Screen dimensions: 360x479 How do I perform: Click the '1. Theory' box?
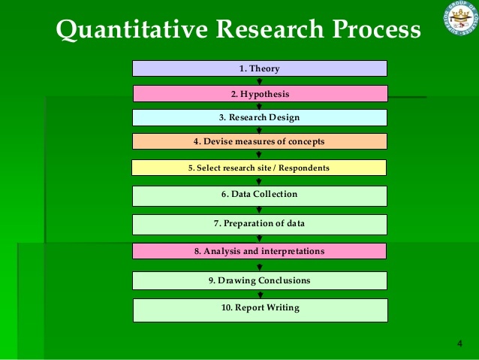(260, 68)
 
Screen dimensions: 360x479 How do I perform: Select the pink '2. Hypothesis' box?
(260, 94)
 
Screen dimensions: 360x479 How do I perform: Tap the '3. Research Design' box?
(260, 117)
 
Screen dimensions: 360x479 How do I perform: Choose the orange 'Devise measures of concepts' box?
(260, 141)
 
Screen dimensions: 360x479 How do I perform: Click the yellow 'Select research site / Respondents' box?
(259, 168)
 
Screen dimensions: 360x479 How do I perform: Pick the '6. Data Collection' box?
(260, 195)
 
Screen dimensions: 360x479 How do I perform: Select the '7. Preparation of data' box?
(260, 224)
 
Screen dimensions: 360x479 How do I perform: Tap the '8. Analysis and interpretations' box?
(260, 251)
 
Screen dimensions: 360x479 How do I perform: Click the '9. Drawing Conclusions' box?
(260, 280)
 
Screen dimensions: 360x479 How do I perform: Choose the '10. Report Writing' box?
(260, 309)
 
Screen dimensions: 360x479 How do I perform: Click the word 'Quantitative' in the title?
(130, 30)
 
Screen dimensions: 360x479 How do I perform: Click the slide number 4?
(459, 343)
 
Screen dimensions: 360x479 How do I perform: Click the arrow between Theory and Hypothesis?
(260, 81)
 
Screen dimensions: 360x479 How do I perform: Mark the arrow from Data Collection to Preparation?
(260, 210)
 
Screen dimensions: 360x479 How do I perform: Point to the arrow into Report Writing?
(260, 295)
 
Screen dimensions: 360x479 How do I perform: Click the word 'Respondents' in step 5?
(305, 168)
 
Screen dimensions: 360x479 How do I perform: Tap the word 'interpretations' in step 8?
(292, 251)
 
